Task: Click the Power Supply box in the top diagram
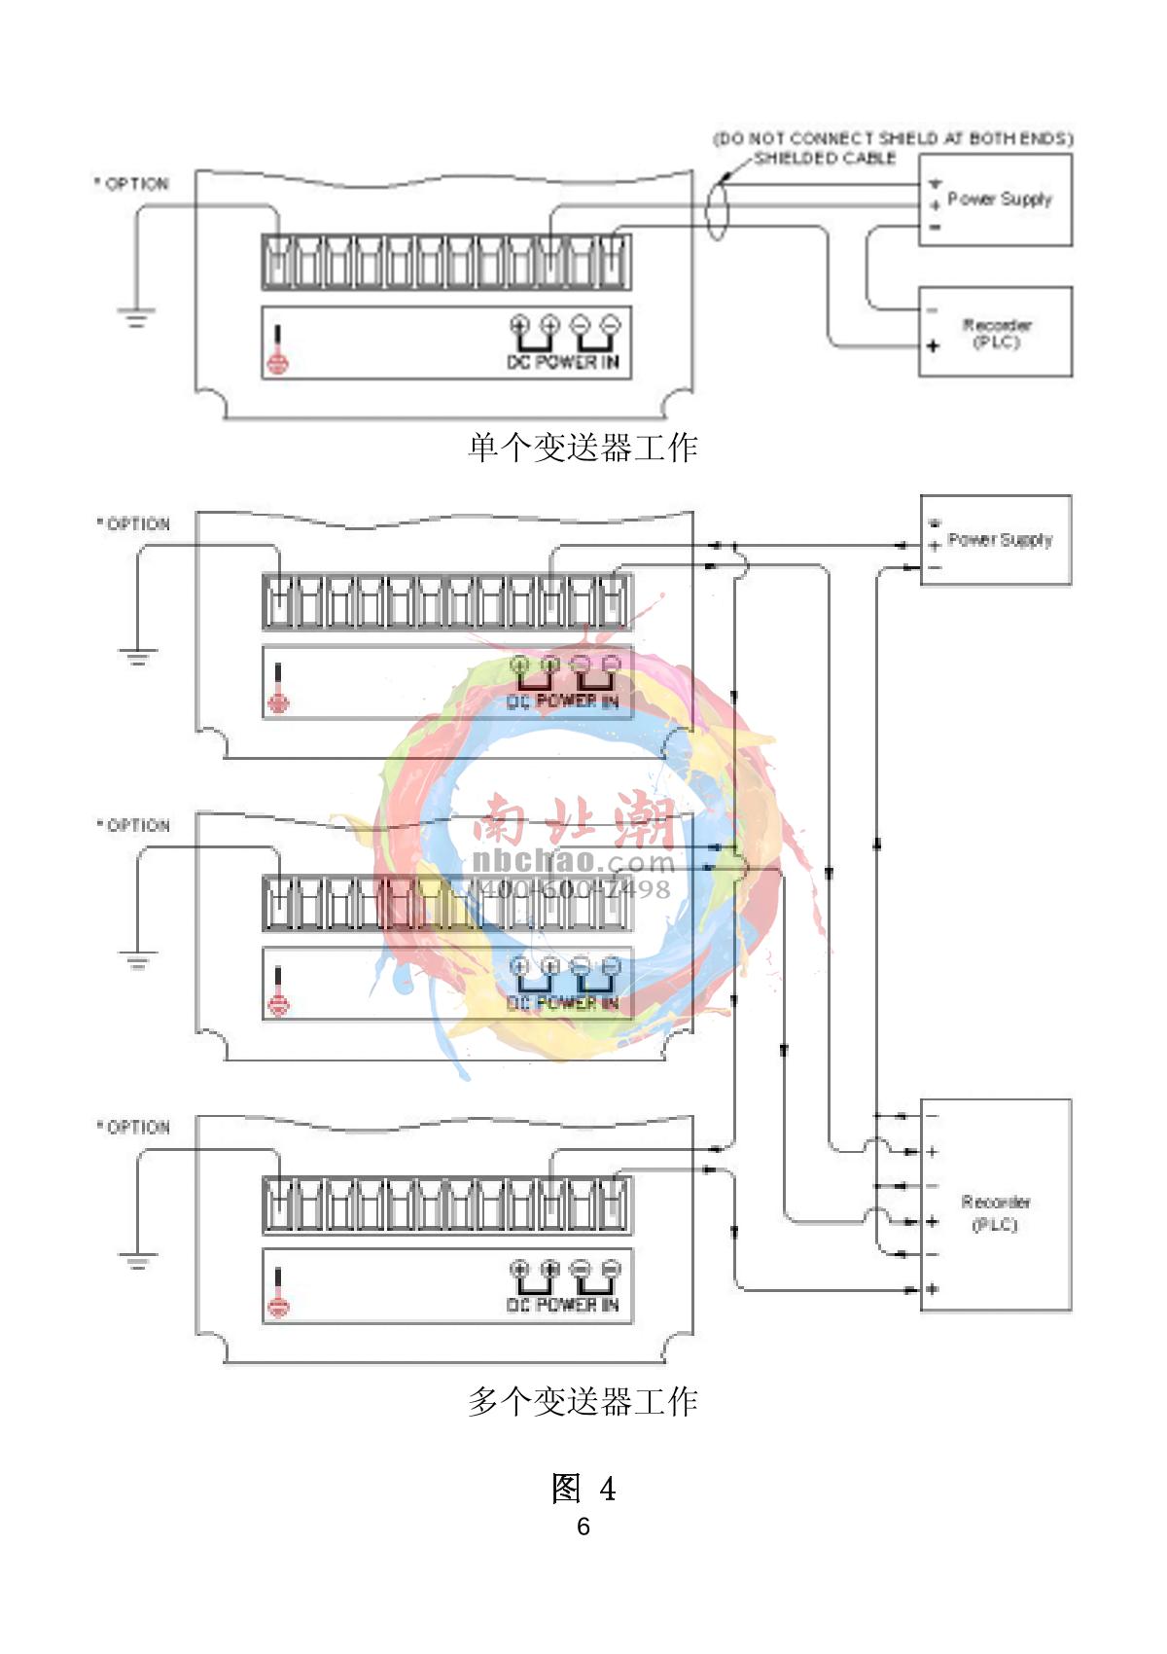tap(995, 199)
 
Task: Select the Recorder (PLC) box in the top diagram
tap(995, 332)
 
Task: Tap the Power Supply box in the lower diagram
tap(996, 540)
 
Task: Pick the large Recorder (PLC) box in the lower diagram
tap(996, 1206)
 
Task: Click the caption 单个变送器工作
tap(583, 448)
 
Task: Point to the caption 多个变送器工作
tap(583, 1401)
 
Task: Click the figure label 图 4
tap(583, 1488)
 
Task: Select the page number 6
tap(583, 1526)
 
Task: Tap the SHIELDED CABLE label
tap(825, 158)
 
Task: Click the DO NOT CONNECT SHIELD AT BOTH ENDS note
tap(893, 138)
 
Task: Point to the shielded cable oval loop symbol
tap(717, 208)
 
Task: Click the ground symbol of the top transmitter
tap(136, 316)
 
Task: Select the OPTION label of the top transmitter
tap(132, 184)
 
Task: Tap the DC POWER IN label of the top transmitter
tap(563, 362)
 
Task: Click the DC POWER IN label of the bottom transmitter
tap(563, 1305)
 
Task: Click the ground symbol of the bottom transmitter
tap(137, 1262)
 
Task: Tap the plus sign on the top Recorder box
tap(933, 345)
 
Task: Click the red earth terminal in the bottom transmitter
tap(278, 1307)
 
